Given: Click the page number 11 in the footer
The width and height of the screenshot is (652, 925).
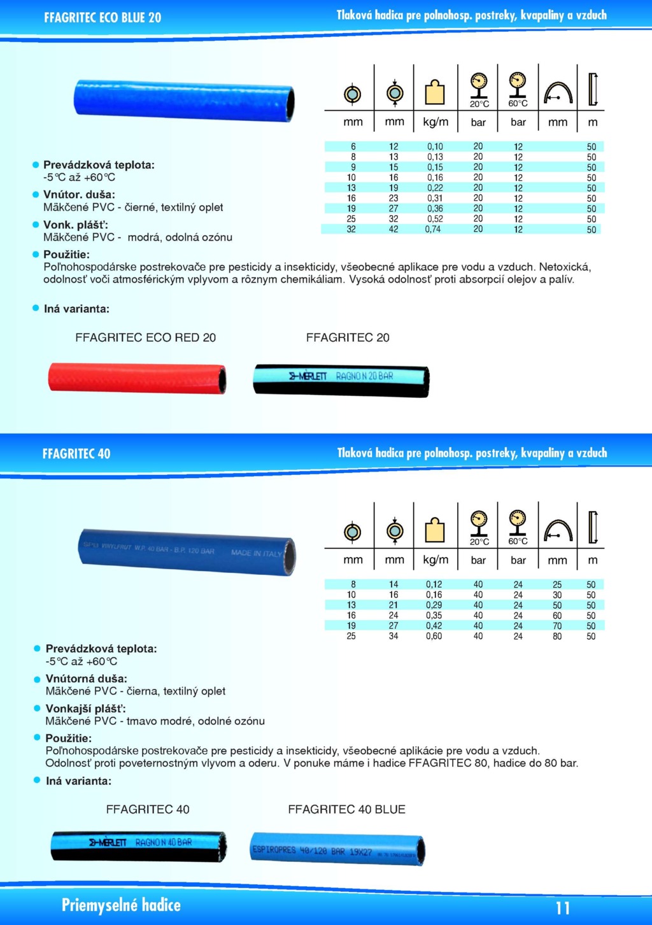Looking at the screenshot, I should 562,908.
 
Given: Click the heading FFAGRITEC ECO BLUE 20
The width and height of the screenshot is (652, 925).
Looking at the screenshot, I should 103,18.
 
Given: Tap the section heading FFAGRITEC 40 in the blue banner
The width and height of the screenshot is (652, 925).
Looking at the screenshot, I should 76,454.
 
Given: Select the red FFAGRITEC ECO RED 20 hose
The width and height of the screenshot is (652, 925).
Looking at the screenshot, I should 137,378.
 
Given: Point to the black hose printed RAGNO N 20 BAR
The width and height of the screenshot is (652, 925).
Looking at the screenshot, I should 341,380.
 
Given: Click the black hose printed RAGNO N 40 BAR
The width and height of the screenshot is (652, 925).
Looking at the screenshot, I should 139,846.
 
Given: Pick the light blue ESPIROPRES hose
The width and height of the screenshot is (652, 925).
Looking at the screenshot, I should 337,849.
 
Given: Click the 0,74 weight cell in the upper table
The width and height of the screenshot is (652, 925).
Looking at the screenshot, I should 433,229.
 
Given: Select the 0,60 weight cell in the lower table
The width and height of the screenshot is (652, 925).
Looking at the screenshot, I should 434,636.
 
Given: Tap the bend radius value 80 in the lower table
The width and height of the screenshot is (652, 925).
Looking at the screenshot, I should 557,636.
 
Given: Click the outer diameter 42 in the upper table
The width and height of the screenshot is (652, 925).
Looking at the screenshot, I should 393,229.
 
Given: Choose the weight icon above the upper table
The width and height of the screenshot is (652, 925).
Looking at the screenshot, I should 435,92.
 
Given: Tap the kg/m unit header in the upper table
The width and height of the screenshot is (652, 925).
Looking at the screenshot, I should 436,122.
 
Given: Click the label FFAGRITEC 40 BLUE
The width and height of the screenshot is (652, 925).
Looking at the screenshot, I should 346,809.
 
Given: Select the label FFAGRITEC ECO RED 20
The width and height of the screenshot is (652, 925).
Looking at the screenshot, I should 145,337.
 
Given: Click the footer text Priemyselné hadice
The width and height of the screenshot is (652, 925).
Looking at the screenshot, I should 121,905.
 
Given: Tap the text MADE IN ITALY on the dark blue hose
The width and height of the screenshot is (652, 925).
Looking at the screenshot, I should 256,553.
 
